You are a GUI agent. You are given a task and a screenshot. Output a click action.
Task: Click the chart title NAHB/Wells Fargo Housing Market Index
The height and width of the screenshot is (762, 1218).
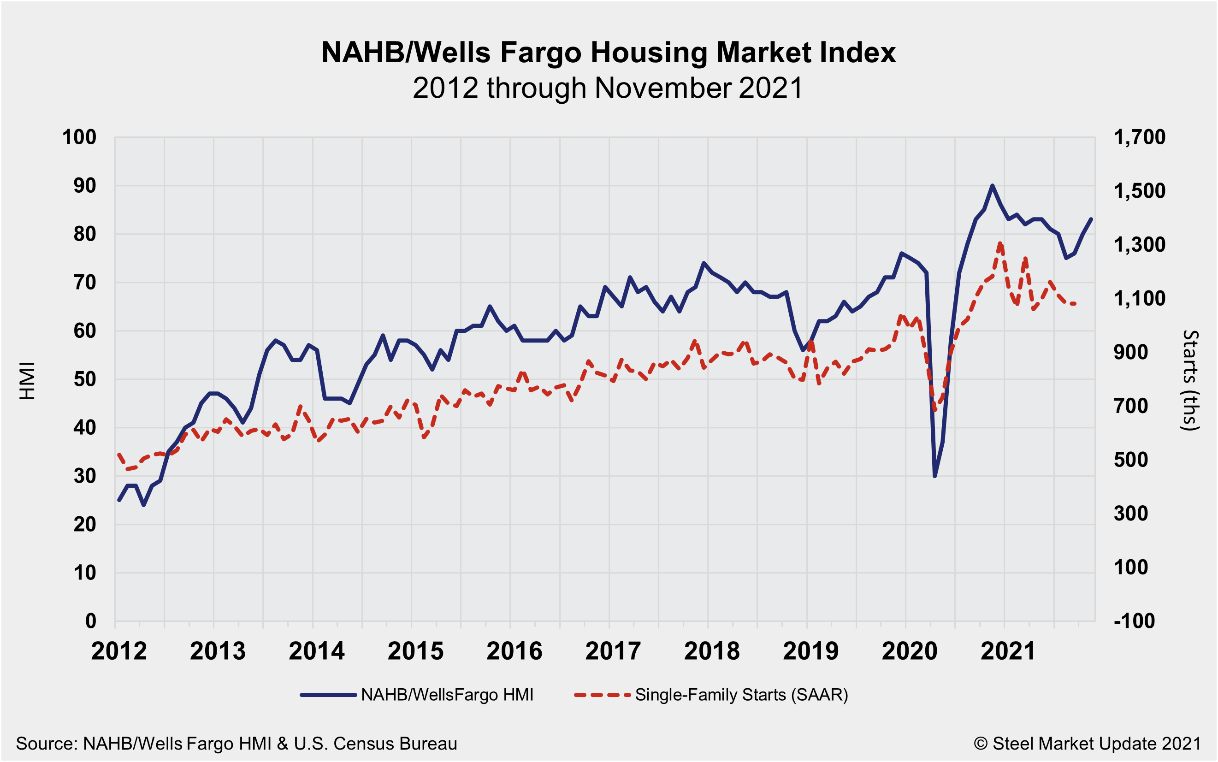608,53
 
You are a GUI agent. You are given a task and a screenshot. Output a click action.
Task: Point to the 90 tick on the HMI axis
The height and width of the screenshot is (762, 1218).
85,186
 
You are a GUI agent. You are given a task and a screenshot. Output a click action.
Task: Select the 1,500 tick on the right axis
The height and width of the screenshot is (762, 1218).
1139,191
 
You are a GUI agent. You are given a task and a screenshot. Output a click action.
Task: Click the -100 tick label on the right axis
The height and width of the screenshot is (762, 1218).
1134,621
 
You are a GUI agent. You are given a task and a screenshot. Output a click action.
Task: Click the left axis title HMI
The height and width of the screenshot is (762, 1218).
28,380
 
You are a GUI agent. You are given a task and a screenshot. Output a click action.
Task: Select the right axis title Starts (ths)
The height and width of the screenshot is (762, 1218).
1190,380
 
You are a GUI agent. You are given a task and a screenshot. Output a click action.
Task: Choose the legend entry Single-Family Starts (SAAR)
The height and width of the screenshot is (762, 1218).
741,695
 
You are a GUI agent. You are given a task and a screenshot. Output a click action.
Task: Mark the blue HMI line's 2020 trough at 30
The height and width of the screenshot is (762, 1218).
935,476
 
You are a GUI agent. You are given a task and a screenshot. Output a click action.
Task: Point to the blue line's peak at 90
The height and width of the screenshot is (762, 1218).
992,185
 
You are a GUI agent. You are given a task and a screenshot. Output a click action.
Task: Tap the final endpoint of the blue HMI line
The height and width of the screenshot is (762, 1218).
1092,219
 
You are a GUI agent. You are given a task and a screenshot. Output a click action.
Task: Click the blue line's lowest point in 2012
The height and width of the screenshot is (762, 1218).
144,505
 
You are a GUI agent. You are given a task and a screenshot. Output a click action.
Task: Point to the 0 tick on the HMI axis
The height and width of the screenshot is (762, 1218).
91,621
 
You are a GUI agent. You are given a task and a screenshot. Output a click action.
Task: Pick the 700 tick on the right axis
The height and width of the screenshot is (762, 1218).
1131,406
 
